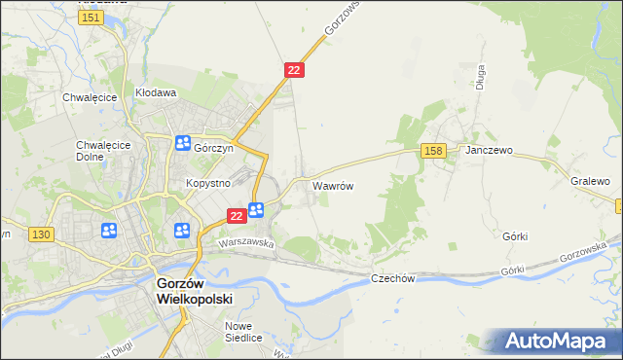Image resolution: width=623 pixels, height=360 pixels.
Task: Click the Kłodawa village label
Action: [156, 93]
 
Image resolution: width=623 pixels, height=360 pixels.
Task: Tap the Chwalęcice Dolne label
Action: [96, 152]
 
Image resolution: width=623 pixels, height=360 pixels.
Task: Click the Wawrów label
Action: [332, 184]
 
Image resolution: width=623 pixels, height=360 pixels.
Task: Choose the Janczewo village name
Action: [489, 152]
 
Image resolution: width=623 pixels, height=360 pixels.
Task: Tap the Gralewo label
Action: [590, 181]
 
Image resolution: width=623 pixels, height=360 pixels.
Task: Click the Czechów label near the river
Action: [393, 278]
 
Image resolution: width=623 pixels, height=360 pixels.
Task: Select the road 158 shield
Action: [434, 150]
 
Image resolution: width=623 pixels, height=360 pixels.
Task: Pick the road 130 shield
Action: [41, 234]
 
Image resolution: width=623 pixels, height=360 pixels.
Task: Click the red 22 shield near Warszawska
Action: [236, 215]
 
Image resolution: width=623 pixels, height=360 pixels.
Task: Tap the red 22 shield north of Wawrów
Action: [295, 70]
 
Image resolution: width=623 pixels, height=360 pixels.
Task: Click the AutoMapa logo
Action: [556, 342]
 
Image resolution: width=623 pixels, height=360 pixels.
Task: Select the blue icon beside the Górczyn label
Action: [183, 144]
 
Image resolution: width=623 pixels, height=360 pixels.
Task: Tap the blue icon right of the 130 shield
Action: [108, 231]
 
